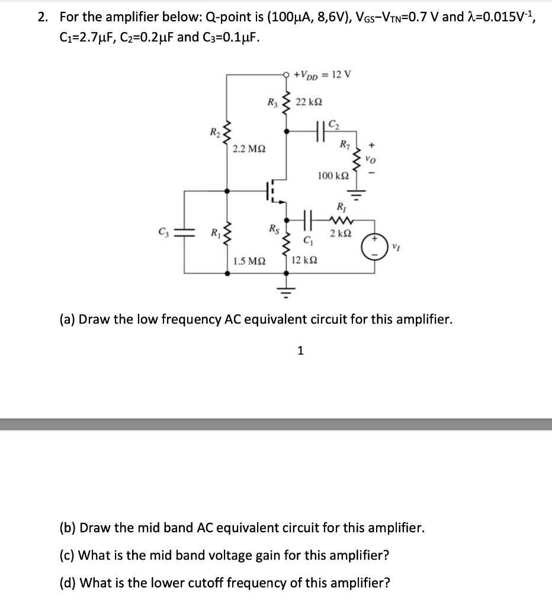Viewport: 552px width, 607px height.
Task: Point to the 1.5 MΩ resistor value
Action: [x=249, y=260]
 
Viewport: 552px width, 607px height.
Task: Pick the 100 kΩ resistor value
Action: [x=333, y=175]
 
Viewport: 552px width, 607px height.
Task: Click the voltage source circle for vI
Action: [x=375, y=245]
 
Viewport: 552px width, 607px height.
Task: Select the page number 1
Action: [x=300, y=350]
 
